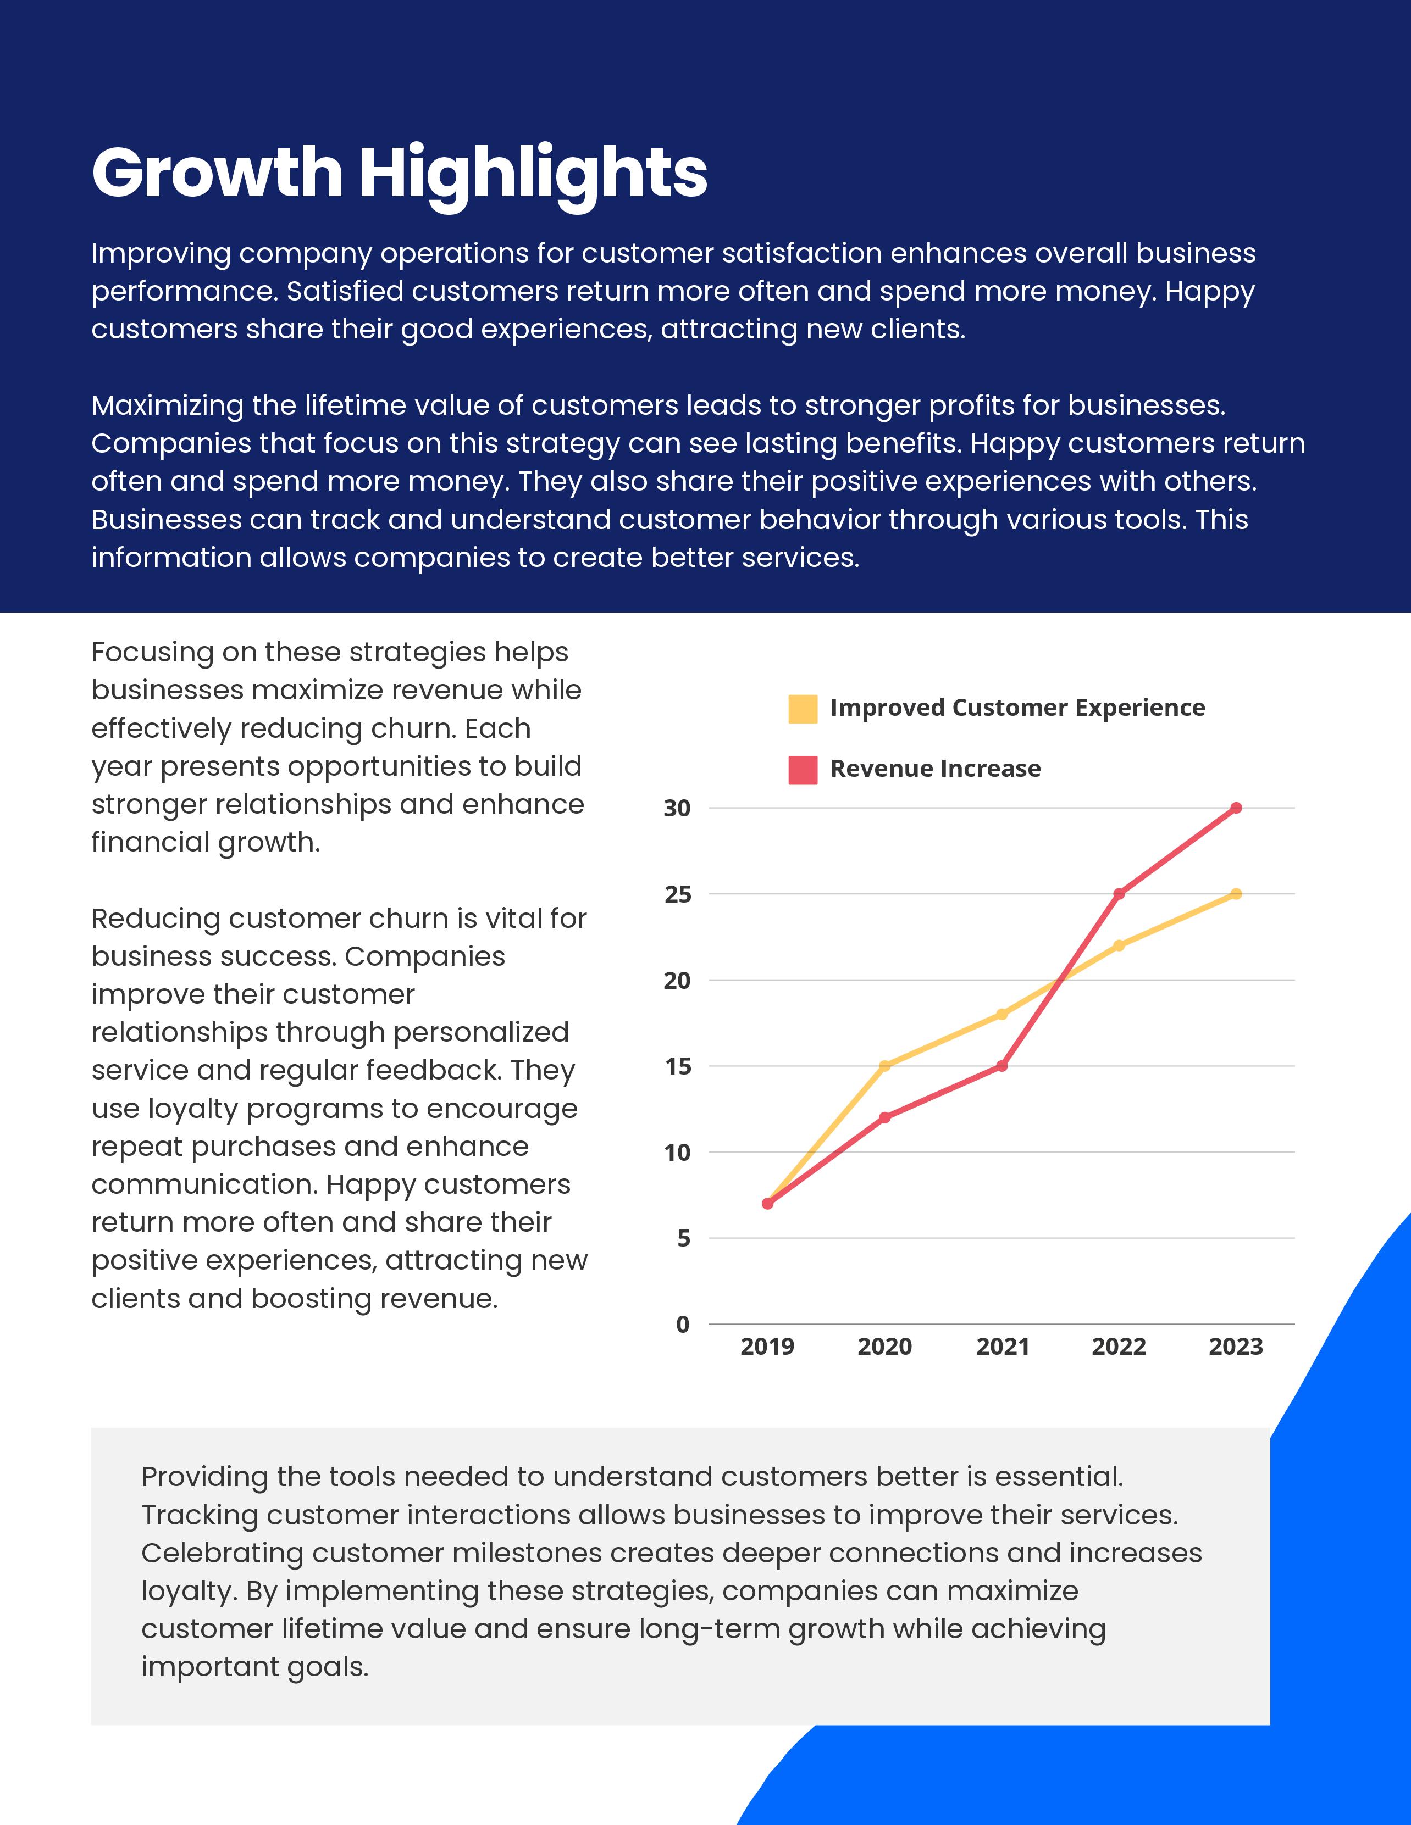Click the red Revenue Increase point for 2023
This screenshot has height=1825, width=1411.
[1236, 808]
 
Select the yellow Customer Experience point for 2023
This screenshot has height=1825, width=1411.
[1236, 894]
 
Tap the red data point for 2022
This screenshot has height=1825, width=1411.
[1119, 894]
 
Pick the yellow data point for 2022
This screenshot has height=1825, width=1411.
[1119, 945]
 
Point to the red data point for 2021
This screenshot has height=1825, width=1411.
[1002, 1066]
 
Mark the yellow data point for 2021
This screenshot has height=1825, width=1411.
[1002, 1015]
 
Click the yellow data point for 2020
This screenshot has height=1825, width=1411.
[885, 1066]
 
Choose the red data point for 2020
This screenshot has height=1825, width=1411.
[885, 1118]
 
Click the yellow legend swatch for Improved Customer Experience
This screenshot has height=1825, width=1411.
[803, 709]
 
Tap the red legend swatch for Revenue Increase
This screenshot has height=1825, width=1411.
[803, 770]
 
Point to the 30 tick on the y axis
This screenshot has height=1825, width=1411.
[677, 809]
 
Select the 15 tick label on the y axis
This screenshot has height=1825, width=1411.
[677, 1067]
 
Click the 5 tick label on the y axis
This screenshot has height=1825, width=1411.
[684, 1238]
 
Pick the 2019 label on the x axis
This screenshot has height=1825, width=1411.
[767, 1346]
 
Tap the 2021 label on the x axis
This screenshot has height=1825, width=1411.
[1002, 1346]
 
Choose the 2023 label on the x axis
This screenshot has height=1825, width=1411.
[1236, 1346]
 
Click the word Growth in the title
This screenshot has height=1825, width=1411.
[217, 174]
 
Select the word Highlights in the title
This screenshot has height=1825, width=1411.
[533, 174]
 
